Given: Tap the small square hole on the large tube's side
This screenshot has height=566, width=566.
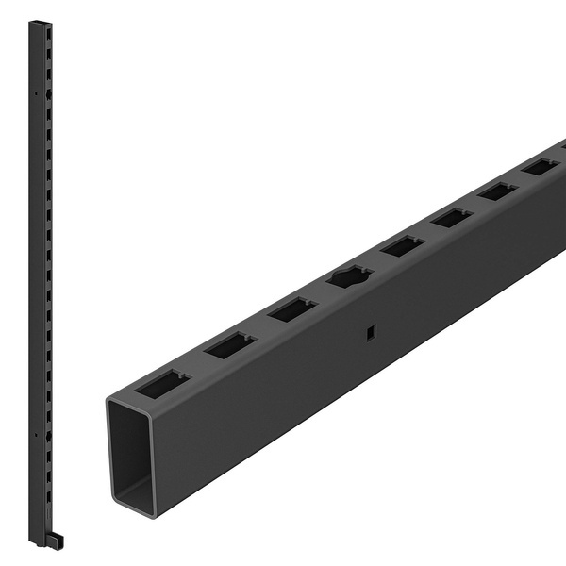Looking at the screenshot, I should point(370,331).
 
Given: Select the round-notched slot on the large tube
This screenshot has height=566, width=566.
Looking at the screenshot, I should point(348,277).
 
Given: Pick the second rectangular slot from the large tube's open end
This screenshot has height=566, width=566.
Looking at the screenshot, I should point(230,345).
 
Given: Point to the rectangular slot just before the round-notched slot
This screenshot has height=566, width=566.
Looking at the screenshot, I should point(291,308).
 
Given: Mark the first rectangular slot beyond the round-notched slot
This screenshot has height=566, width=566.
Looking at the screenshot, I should point(403,246).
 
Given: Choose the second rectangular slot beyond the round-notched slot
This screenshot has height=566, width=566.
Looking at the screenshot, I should point(452,217).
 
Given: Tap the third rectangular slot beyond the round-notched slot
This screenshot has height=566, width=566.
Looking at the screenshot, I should point(498,191).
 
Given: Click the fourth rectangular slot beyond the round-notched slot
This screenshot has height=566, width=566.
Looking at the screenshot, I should point(541,167).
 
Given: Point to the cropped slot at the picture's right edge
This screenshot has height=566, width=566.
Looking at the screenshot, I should point(563,146).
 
